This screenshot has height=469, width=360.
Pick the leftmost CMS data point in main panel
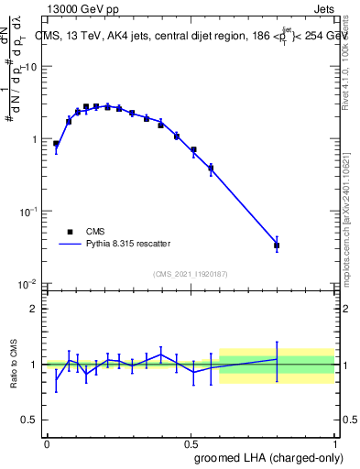[56, 144]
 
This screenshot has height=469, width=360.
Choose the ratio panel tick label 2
[34, 309]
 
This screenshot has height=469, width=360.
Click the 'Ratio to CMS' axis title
[13, 365]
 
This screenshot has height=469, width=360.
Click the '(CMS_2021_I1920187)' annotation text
[189, 274]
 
